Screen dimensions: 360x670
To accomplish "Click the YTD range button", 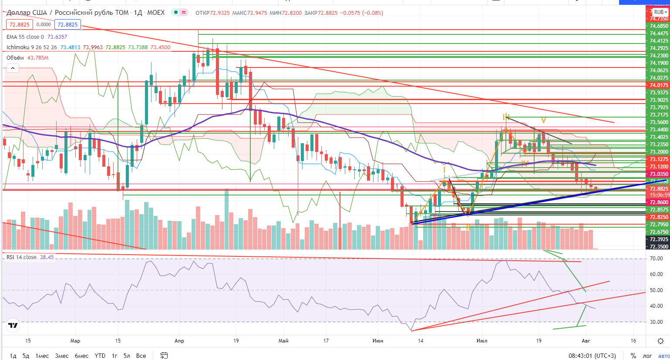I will [100, 356].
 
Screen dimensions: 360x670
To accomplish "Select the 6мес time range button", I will [81, 356].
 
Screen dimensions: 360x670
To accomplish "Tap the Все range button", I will [141, 356].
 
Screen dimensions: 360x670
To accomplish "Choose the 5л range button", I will [127, 356].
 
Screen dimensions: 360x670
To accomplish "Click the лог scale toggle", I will [647, 356].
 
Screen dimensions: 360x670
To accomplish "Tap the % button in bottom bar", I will [633, 356].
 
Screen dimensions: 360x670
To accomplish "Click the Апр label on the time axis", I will [179, 340].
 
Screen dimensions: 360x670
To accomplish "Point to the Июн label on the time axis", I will [378, 340].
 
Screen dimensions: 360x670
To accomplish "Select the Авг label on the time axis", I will [586, 340].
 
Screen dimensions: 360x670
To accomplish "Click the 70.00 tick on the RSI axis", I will [656, 259].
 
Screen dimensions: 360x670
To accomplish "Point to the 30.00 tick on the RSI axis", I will [656, 322].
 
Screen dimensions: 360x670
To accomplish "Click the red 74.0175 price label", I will [658, 85].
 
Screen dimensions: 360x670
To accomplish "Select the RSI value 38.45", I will [47, 257].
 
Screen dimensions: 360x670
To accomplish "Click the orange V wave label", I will [543, 120].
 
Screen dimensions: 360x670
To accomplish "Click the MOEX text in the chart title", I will [156, 13].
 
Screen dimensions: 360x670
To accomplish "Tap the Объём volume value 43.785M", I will [38, 58].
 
